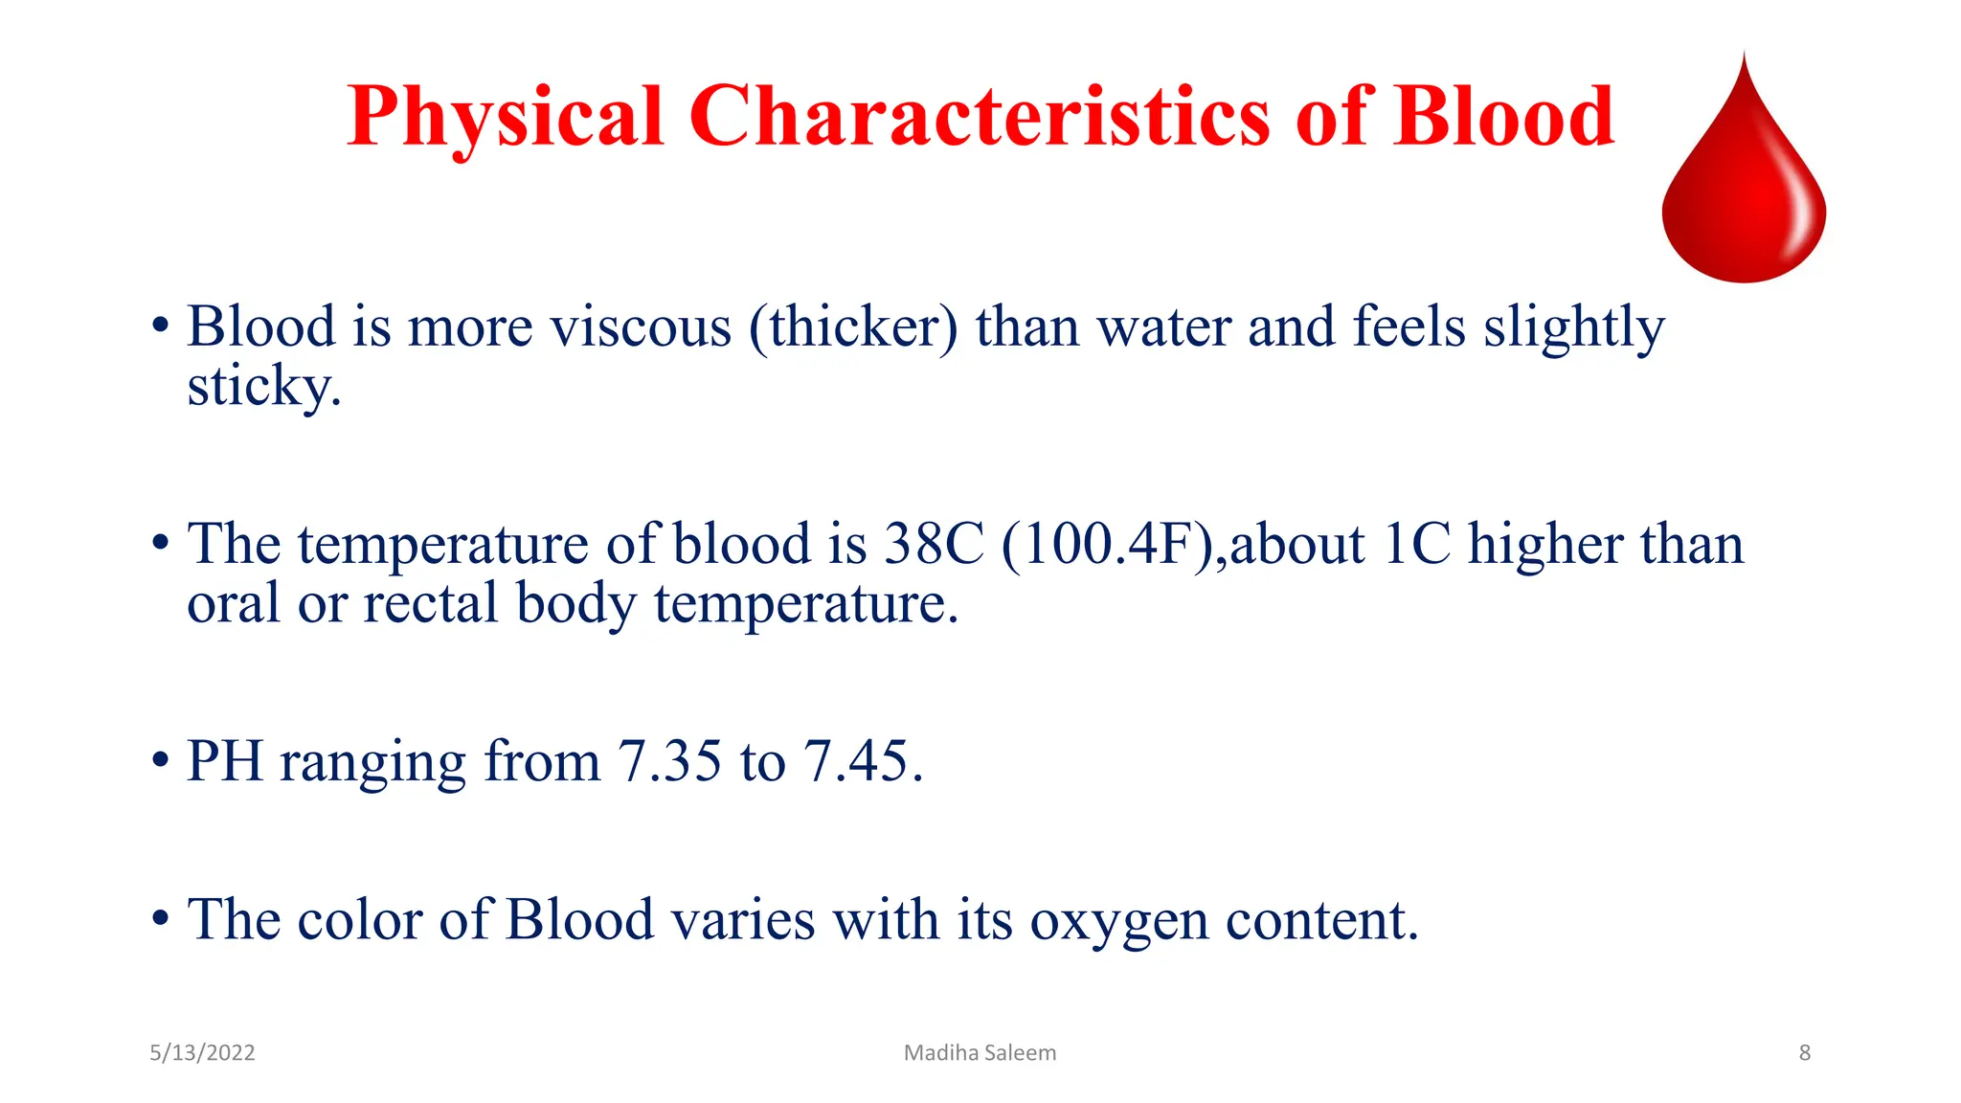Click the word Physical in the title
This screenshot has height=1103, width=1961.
pyautogui.click(x=505, y=118)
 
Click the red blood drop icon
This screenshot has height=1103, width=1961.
pyautogui.click(x=1744, y=182)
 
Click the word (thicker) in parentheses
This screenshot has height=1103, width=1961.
pyautogui.click(x=853, y=327)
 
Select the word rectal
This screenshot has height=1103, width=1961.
pyautogui.click(x=431, y=604)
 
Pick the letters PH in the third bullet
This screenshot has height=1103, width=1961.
pyautogui.click(x=224, y=762)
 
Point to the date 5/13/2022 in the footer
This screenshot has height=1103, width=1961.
pyautogui.click(x=202, y=1053)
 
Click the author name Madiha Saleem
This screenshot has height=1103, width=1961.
pyautogui.click(x=980, y=1053)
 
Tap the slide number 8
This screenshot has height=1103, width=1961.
pyautogui.click(x=1804, y=1053)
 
